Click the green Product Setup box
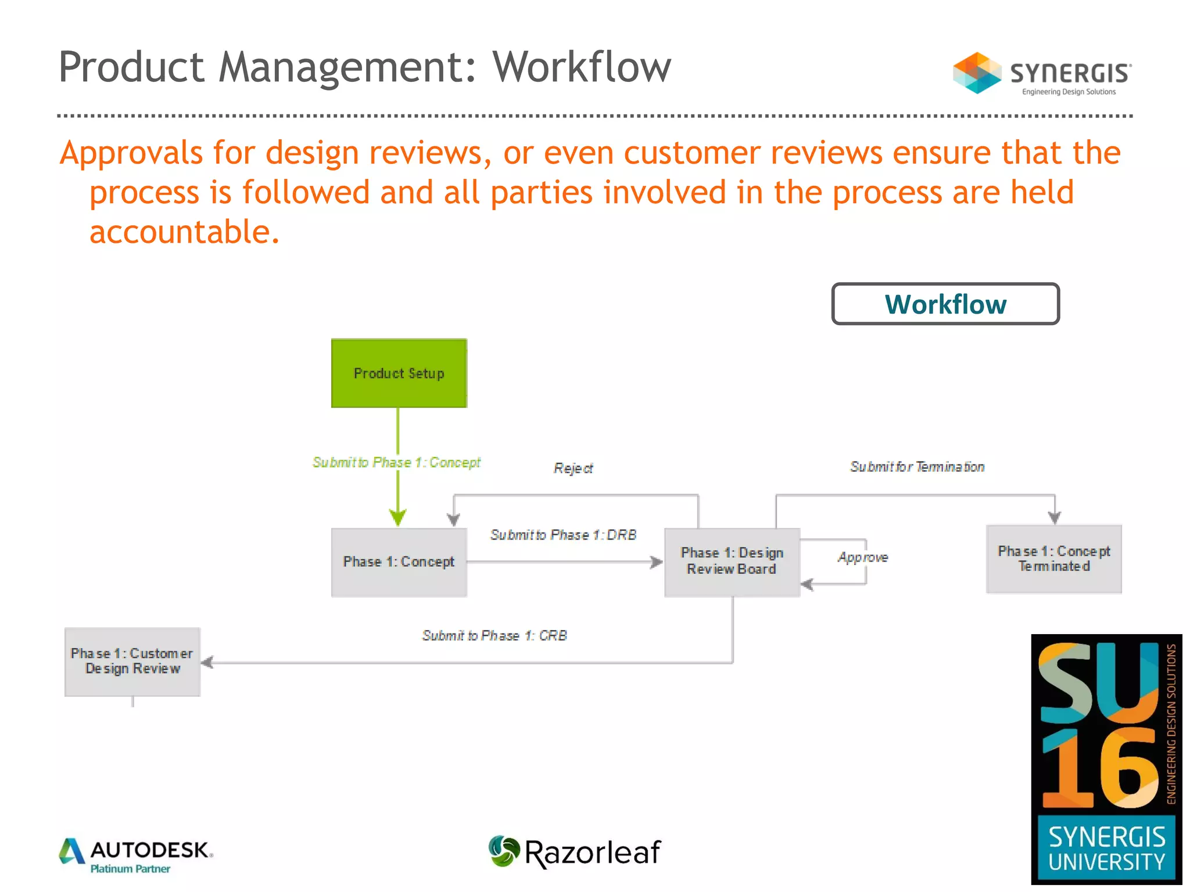click(399, 373)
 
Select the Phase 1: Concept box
click(399, 562)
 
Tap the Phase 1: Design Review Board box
click(732, 561)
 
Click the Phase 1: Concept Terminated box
click(1053, 559)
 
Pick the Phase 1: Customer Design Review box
click(132, 661)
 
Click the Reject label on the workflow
click(573, 468)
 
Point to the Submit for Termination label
click(917, 467)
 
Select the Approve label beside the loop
click(862, 557)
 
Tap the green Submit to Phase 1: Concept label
click(396, 462)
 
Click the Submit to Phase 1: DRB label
click(562, 535)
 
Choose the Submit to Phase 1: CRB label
click(494, 636)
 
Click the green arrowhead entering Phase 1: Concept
click(398, 516)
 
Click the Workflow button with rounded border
click(945, 304)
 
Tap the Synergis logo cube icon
click(976, 73)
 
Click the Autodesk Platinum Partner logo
click(136, 855)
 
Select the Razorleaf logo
click(574, 853)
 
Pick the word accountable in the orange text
click(184, 232)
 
